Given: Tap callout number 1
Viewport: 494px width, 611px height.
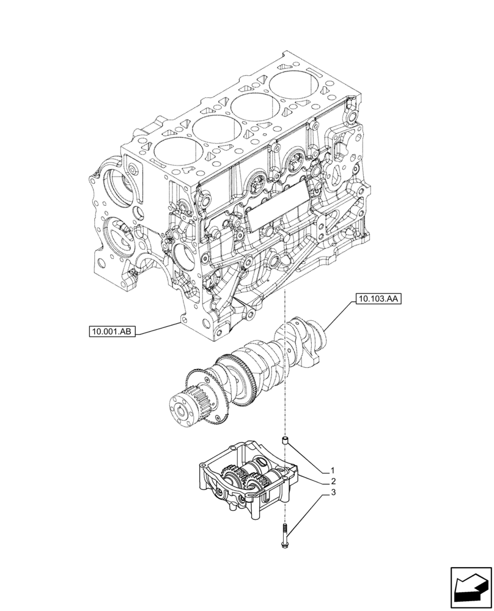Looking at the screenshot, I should point(332,470).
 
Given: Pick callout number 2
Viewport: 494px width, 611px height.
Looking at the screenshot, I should point(332,481).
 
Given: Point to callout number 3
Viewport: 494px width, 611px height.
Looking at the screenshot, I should point(332,491).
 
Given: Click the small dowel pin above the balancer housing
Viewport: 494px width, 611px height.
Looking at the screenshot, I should point(284,442).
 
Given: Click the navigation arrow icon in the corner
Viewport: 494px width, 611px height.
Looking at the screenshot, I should point(471,587).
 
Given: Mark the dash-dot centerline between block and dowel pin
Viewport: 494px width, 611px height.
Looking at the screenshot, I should point(285,367).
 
